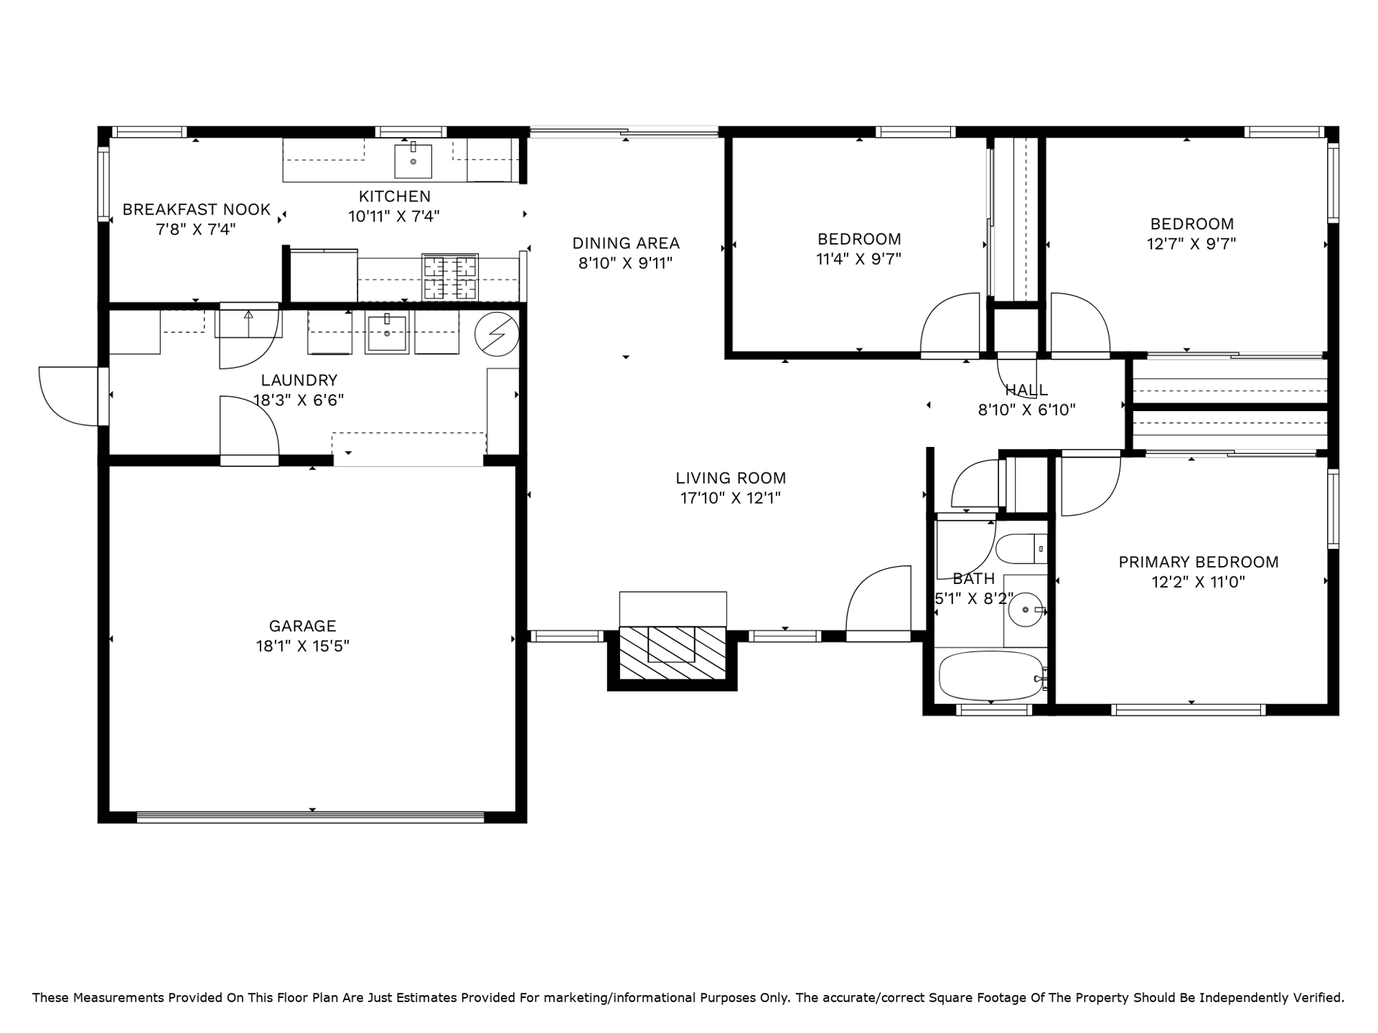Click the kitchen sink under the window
coord(413,161)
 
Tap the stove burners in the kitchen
coord(450,277)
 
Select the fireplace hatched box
coord(672,654)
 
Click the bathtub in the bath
coord(991,676)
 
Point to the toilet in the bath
coord(1021,549)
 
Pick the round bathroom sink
coord(1026,610)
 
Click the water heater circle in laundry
coord(497,334)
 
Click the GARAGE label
coord(302,626)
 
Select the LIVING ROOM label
coord(731,478)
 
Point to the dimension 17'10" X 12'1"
coord(731,498)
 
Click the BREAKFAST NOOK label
coord(196,209)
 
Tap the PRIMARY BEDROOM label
coord(1199,562)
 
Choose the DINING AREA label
coord(626,243)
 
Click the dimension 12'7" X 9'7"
coord(1191,244)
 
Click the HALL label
coord(1026,390)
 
